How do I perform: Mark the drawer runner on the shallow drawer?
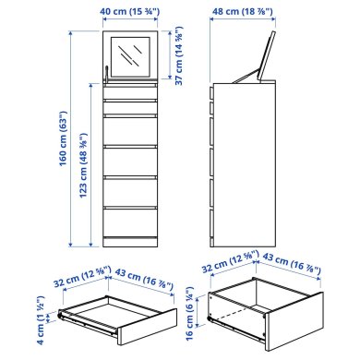(88, 324)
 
